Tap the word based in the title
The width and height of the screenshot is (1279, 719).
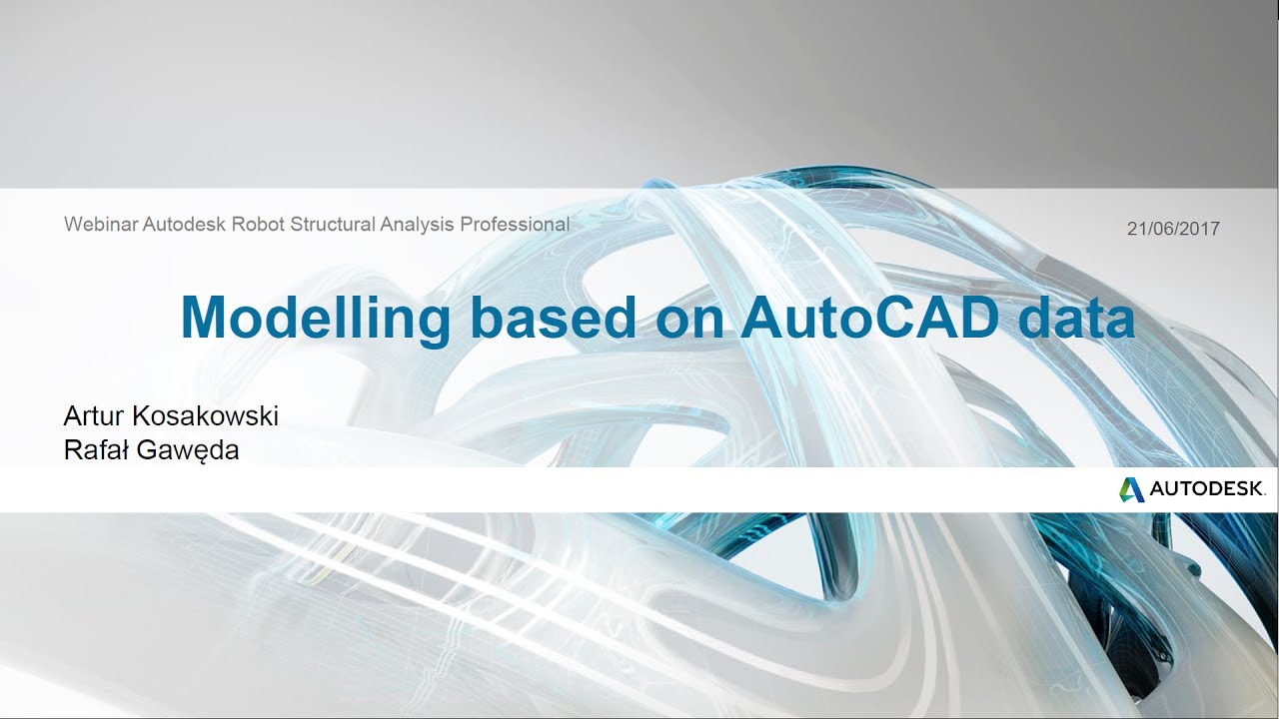coord(553,318)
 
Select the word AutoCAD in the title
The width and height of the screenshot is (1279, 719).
coord(869,318)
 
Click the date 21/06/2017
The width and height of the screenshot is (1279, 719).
coord(1173,229)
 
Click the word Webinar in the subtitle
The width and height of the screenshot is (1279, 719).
coord(101,225)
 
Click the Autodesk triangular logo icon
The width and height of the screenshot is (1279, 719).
coord(1130,489)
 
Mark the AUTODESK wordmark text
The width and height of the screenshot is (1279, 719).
coord(1207,489)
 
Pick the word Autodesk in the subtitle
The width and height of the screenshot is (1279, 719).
coord(185,225)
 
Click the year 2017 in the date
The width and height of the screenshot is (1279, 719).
coord(1199,229)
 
